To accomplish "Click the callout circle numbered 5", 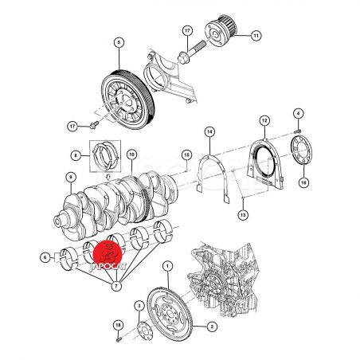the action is click(x=119, y=42).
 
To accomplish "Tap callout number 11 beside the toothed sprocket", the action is click(x=256, y=36).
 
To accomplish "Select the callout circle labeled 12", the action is click(x=264, y=121).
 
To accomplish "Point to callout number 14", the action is click(x=209, y=132).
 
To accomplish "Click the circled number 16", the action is click(x=303, y=182).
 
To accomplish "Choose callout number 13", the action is click(x=243, y=214).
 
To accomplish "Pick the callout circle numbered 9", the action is click(x=71, y=178).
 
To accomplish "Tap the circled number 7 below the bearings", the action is click(x=116, y=286).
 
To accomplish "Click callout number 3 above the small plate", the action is click(x=139, y=307).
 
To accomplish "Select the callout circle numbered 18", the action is click(x=119, y=326).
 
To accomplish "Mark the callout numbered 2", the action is click(x=212, y=327).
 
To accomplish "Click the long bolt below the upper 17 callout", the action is click(x=192, y=51).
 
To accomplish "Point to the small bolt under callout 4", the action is click(x=298, y=131).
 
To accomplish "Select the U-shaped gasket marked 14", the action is click(x=213, y=178).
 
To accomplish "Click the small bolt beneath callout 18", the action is click(x=119, y=339).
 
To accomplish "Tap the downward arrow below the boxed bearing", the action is click(x=108, y=177).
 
